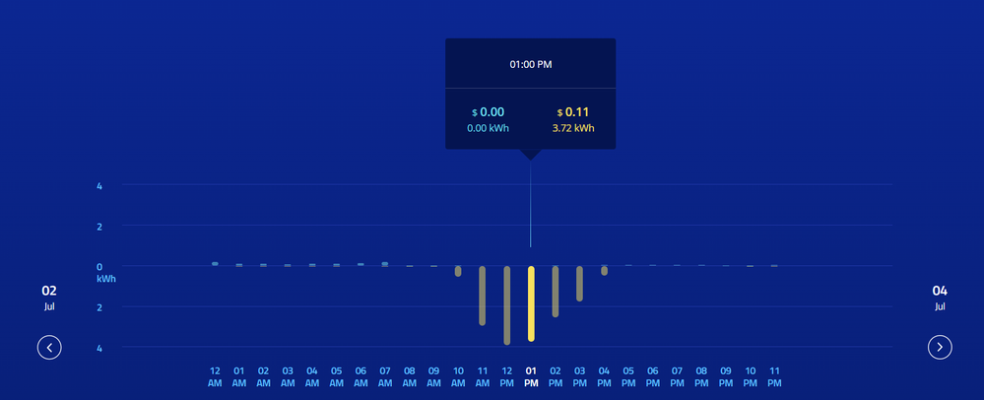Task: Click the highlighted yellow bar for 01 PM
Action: tap(531, 303)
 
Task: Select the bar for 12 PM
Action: tap(506, 305)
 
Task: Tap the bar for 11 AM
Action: tap(482, 296)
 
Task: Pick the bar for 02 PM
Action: tap(556, 292)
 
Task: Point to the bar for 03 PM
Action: tap(580, 284)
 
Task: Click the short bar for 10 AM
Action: tap(458, 271)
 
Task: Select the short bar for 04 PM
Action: tap(605, 271)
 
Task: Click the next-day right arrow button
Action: tap(940, 347)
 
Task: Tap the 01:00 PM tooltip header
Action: tap(530, 64)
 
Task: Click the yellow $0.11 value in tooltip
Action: tap(572, 112)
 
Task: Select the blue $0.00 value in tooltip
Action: tap(488, 112)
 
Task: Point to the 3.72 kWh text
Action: tap(573, 128)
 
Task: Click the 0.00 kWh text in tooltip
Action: tap(488, 128)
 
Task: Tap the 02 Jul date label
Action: tap(49, 297)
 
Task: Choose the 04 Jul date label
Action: tap(940, 297)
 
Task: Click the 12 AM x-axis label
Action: tap(215, 376)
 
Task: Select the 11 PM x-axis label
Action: tap(774, 376)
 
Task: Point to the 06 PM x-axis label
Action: tap(653, 376)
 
